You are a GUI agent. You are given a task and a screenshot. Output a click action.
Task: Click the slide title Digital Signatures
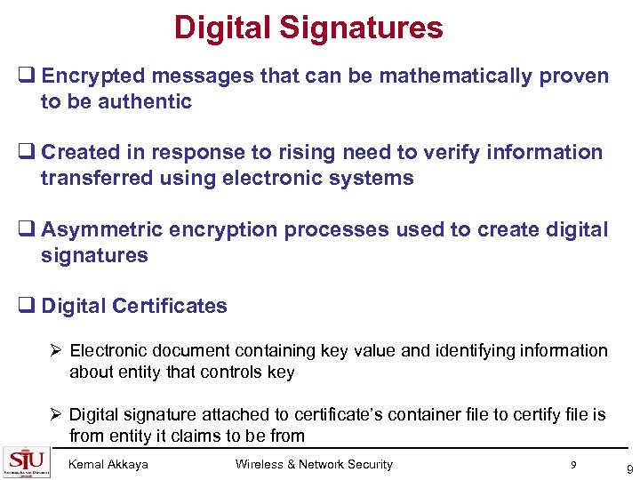click(x=308, y=28)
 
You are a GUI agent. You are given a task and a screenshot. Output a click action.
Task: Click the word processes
click(x=337, y=229)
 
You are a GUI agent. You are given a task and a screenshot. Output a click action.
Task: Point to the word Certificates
click(x=168, y=306)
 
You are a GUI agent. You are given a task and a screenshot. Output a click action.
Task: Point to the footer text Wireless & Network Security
click(x=313, y=464)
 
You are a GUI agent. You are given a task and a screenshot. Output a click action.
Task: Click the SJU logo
click(x=27, y=461)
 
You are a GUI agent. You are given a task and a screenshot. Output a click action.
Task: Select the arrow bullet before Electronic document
click(x=56, y=351)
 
